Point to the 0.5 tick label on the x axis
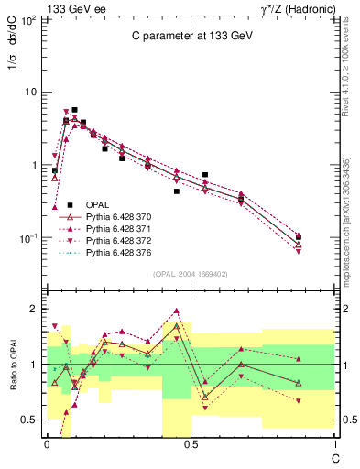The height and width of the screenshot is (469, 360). click(x=190, y=443)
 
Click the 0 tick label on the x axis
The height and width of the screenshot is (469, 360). click(x=47, y=443)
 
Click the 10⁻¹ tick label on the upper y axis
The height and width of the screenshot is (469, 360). click(x=27, y=238)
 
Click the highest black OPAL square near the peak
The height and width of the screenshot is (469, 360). click(x=74, y=110)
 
